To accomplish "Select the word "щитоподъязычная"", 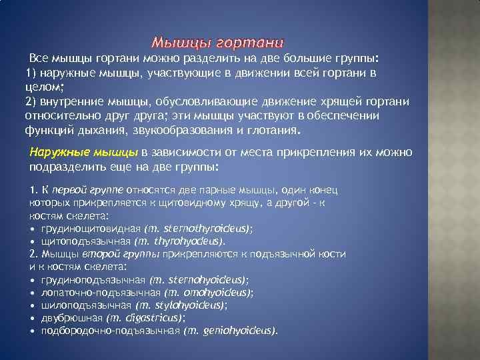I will pos(85,241).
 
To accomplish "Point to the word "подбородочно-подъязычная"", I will pos(110,331).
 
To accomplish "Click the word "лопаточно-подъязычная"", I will pos(99,293).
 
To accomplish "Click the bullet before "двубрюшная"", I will pos(33,318).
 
